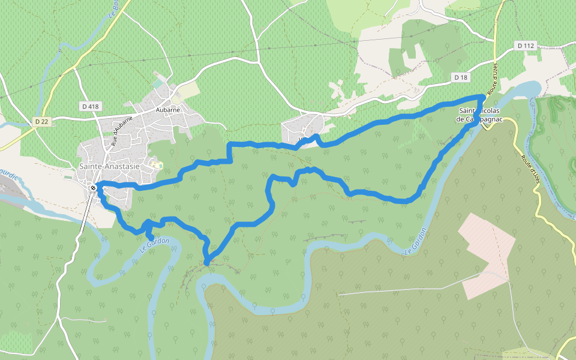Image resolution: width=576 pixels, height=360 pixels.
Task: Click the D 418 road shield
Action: [89, 106]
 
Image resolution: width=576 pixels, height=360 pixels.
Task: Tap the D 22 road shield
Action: [41, 121]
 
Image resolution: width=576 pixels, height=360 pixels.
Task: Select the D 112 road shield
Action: [525, 46]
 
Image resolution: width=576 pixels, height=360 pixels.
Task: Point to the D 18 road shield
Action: [460, 77]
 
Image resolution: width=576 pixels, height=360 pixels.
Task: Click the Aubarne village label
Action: [167, 110]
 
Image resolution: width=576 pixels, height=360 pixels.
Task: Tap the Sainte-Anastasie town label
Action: [109, 167]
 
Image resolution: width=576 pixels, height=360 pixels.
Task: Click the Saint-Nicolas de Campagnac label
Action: [479, 115]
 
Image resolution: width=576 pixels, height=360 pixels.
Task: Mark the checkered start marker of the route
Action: [93, 188]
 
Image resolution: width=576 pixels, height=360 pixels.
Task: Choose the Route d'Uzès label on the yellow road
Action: [531, 169]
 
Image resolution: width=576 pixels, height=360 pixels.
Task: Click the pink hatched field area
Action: [486, 255]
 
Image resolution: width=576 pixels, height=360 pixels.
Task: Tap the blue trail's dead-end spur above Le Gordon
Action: [149, 238]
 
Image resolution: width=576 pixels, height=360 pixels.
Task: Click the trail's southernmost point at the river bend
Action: [206, 262]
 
